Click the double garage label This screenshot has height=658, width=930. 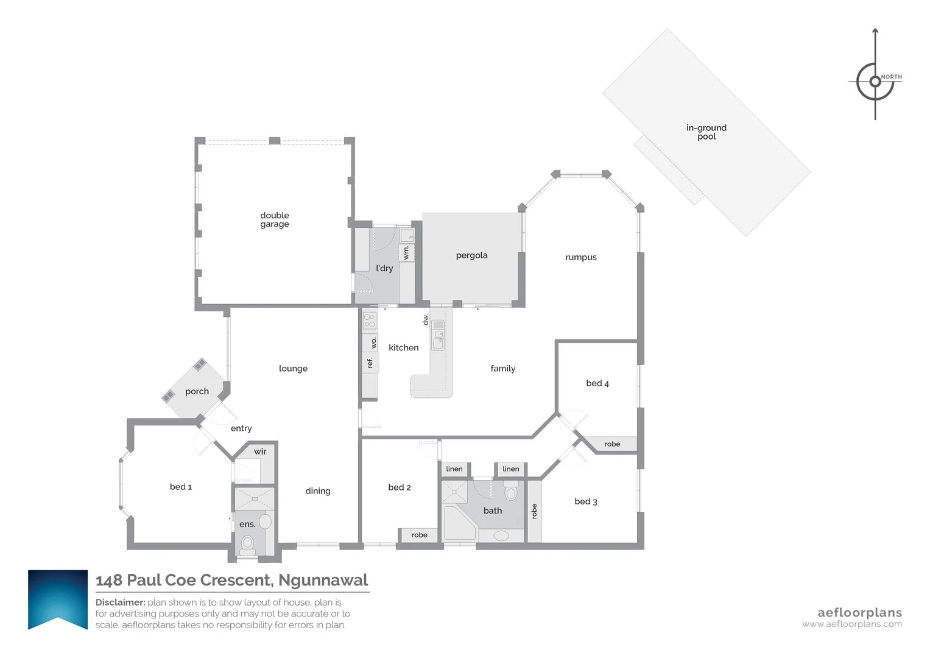275,220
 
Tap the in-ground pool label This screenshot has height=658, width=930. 706,132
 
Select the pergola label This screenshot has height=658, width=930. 471,255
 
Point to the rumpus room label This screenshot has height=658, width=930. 580,257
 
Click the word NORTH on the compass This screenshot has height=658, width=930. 892,77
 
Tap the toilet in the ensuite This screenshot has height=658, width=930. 248,542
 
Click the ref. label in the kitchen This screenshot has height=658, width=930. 370,363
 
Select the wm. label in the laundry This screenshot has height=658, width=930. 406,252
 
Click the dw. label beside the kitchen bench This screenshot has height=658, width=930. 426,319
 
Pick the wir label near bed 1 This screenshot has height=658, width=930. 260,451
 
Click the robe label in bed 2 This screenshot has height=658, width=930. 419,535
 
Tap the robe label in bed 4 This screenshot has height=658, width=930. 612,444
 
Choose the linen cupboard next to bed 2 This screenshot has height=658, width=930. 454,469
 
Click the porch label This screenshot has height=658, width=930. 197,391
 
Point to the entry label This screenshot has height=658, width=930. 241,428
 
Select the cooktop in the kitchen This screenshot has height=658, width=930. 370,320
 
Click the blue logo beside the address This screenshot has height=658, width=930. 58,599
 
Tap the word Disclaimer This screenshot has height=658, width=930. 120,603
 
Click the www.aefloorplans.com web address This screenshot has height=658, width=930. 851,624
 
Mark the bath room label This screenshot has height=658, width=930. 492,511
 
